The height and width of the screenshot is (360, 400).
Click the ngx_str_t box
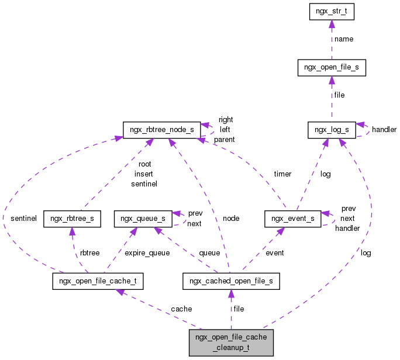coord(331,12)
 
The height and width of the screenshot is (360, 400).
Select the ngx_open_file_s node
coord(332,68)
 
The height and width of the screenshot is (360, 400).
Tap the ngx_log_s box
coord(331,130)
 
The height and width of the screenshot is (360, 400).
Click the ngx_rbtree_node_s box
coord(158,130)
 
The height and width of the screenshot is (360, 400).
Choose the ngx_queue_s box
coord(143,219)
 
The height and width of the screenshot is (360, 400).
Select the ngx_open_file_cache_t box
coord(98,281)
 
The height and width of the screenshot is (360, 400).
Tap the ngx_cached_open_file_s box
coord(231,281)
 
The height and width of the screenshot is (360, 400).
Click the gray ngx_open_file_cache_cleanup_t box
coord(230,342)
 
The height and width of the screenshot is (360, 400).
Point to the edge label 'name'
coord(343,39)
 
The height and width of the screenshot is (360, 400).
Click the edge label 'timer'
coord(282,174)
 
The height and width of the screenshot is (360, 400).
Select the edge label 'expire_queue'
coord(147,253)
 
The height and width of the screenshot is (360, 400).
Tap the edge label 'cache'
coord(181,309)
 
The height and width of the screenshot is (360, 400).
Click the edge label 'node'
coord(230,218)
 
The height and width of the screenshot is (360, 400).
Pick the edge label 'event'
coord(274,253)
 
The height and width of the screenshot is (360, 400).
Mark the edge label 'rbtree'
coord(89,253)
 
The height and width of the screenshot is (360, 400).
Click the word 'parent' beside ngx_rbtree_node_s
coord(224,140)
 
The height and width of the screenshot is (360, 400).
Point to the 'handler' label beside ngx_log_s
coord(384,129)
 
